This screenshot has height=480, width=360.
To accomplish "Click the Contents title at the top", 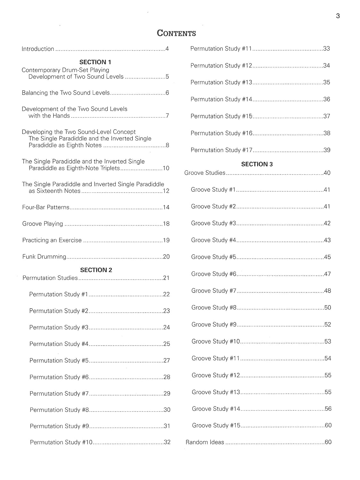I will point(176,33).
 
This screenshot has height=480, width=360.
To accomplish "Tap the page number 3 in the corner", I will point(338,16).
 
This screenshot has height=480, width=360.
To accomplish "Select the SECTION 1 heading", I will point(95,62).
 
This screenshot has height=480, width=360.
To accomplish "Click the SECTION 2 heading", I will point(96,270).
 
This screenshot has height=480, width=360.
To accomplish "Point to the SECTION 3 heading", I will point(257,164).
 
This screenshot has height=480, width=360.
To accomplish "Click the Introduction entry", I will point(38,49).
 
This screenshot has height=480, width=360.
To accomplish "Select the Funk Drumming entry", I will point(44,257).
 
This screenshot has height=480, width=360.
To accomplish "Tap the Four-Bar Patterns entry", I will point(46,207).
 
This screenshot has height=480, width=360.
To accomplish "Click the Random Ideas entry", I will point(205,442).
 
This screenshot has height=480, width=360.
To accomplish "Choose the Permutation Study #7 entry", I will point(59,394).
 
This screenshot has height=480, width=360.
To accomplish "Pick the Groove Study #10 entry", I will point(216,341).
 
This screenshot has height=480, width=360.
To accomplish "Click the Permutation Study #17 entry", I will point(221,150).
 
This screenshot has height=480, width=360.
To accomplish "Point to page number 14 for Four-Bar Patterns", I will point(166,207).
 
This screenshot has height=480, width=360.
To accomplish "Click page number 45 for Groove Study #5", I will point(327,257).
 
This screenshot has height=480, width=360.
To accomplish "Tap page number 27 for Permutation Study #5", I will point(166,361).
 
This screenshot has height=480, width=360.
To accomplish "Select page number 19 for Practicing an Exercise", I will point(166,240).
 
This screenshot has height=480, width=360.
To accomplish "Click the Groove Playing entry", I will point(43,224).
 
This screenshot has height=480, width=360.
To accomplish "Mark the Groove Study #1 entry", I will point(213,190).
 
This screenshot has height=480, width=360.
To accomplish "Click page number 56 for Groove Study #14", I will point(328,409).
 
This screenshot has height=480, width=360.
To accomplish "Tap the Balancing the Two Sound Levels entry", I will point(66,93).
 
